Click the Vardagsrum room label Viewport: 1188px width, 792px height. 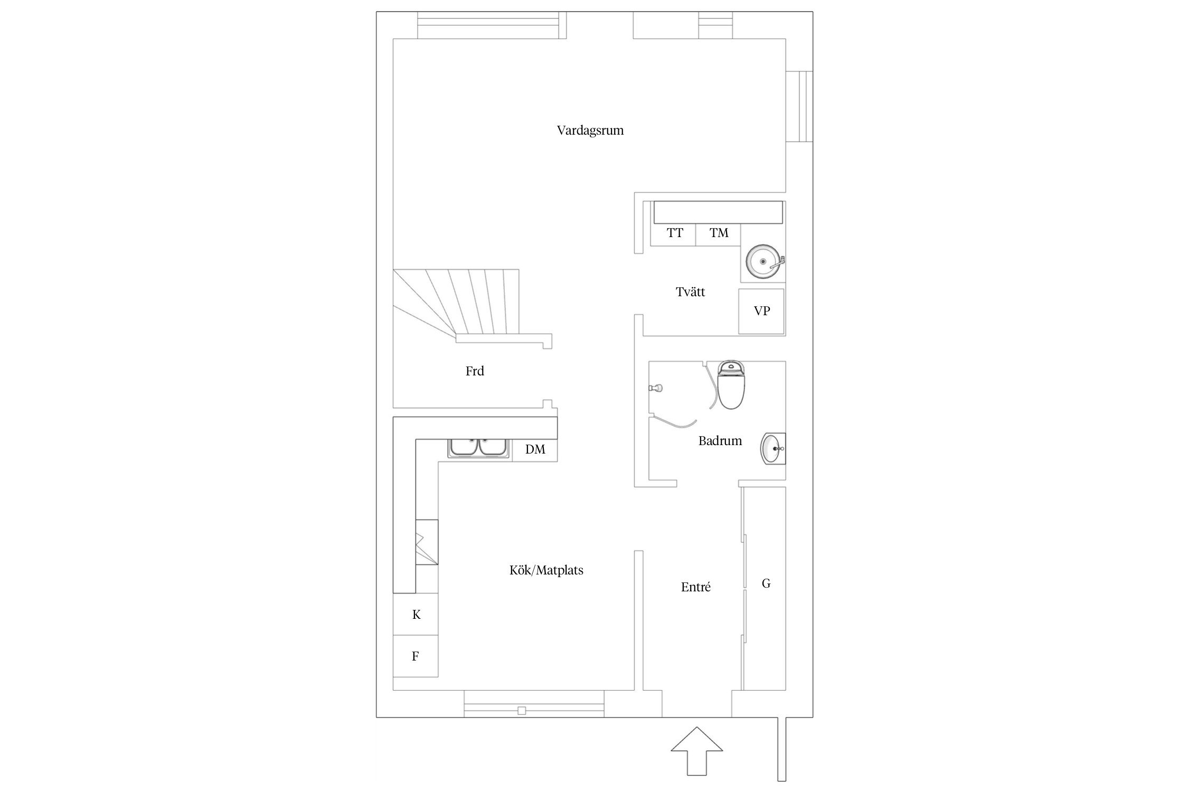click(590, 130)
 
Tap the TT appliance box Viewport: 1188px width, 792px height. click(673, 235)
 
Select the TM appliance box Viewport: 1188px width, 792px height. click(718, 235)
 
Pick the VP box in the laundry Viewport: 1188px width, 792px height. click(762, 311)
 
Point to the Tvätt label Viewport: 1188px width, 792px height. click(690, 292)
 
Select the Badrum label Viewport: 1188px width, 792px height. click(720, 441)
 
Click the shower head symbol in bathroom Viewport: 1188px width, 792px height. click(655, 388)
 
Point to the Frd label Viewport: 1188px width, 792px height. click(475, 371)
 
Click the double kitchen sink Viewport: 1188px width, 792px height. click(479, 448)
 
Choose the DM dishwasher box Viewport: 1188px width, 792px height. click(535, 450)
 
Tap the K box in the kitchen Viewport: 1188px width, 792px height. click(416, 614)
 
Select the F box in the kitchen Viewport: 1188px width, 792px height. click(416, 656)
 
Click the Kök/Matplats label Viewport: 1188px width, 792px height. click(546, 570)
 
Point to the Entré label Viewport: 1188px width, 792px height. click(696, 587)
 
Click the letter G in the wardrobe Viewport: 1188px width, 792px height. click(766, 583)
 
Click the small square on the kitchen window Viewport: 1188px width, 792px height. click(522, 711)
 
